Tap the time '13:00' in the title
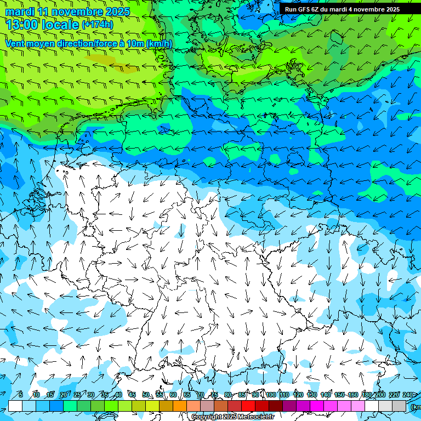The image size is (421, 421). (22, 24)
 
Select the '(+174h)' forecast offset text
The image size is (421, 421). (97, 24)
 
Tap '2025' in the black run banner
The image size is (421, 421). (390, 9)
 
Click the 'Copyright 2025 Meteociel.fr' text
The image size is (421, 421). (232, 417)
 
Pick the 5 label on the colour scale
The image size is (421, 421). (21, 395)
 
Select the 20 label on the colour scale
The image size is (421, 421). (64, 395)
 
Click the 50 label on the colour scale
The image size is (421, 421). (146, 395)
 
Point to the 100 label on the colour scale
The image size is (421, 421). (271, 395)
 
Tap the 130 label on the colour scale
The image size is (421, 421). (312, 395)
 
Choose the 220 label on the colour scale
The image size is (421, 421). (394, 395)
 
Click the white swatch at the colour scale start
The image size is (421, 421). (15, 405)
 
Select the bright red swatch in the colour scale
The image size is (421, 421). (248, 405)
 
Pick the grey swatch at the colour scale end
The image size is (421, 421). (399, 405)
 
